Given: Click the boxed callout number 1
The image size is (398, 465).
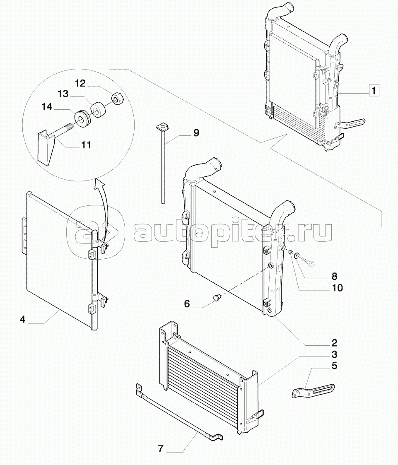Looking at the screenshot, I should (374, 90).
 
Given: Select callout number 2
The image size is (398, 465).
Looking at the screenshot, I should (334, 343).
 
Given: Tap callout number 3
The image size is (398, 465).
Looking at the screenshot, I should (334, 355).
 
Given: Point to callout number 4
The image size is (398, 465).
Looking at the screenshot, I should (23, 320).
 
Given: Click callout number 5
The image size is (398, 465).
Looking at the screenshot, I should (334, 366).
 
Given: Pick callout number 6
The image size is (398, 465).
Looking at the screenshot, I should (187, 304).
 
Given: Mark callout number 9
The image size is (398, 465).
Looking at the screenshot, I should (196, 133).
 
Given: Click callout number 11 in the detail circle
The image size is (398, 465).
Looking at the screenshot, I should (86, 145).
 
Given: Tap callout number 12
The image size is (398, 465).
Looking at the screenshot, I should (80, 84).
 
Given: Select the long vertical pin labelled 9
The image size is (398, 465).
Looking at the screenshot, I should (163, 166).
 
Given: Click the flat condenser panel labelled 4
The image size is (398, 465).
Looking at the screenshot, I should (58, 257).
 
